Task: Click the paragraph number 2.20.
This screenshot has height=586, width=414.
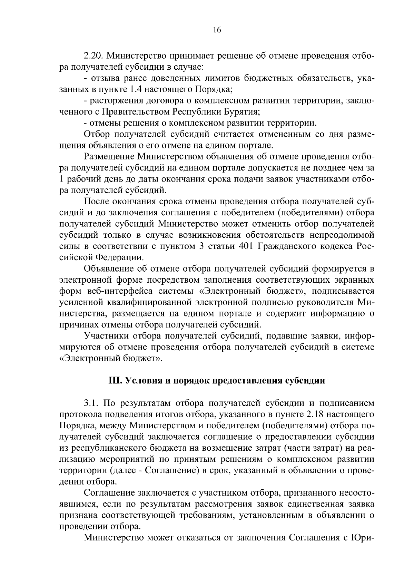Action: click(95, 56)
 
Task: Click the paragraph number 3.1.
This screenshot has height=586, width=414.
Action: click(91, 403)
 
